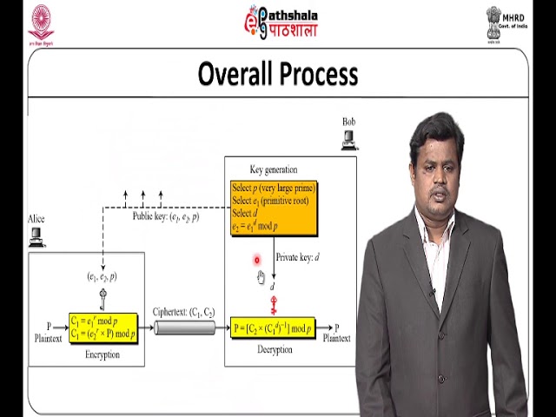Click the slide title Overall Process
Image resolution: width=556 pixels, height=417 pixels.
278,74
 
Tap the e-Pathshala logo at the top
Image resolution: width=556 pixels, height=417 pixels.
281,22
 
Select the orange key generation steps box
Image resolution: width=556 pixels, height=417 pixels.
273,208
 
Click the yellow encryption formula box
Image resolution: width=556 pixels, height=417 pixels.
103,328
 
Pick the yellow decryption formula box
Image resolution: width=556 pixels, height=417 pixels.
272,328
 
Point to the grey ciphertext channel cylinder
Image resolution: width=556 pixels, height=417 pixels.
183,328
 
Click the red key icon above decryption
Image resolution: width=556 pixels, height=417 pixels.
273,304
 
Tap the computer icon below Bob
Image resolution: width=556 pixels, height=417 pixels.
349,141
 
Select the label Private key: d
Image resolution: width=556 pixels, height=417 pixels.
298,257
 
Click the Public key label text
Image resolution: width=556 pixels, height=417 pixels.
166,216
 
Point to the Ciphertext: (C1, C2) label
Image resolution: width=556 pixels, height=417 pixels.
183,311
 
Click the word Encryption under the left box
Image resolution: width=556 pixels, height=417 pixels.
103,354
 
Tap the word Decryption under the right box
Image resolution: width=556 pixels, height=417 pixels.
275,350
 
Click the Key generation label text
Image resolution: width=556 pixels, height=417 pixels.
273,169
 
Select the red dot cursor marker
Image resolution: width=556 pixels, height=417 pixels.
257,259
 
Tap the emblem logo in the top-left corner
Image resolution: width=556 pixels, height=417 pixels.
41,23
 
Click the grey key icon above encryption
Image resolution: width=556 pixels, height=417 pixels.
103,300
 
